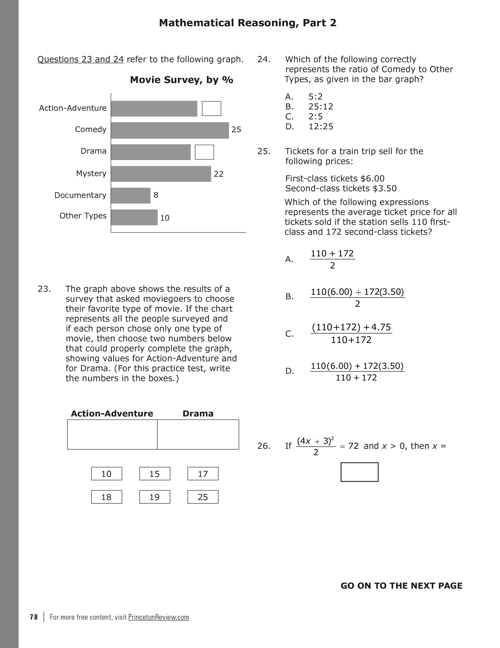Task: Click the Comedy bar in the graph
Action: [x=170, y=131]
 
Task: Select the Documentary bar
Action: [x=130, y=195]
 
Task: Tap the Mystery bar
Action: [x=161, y=174]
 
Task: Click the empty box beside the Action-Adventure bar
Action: [x=211, y=109]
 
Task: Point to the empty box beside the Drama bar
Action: [x=204, y=152]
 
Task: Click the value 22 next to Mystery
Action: [x=219, y=174]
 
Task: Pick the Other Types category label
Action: [x=83, y=216]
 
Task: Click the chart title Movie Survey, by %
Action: [x=181, y=80]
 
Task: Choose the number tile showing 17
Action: [x=203, y=474]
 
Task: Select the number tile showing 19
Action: [x=155, y=497]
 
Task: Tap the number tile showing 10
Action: [x=106, y=474]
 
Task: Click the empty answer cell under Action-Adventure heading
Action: [x=112, y=434]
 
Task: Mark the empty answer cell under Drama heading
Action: [x=198, y=434]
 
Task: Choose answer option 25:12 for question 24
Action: [x=321, y=107]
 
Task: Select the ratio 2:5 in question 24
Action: [x=316, y=117]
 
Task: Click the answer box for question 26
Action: [x=359, y=472]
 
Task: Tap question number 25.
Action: [x=264, y=151]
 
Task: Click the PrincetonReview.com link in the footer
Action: [x=159, y=617]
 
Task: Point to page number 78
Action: [x=34, y=617]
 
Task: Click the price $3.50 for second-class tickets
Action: [x=385, y=188]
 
